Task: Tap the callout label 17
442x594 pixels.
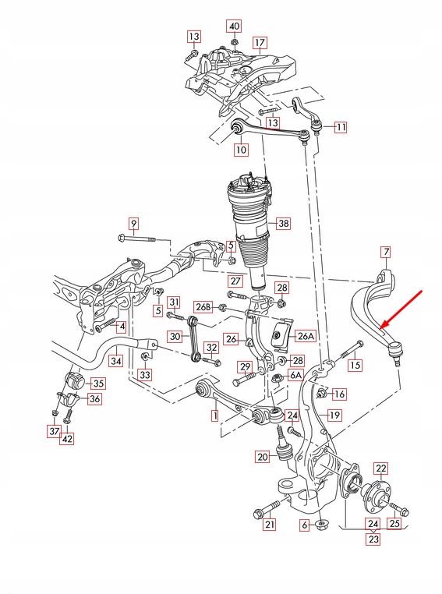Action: (260, 42)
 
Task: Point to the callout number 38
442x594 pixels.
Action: (282, 223)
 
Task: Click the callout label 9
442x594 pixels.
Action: (133, 225)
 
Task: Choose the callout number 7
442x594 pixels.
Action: (384, 252)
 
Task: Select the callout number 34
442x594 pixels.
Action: (115, 361)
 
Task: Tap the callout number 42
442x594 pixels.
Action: (68, 438)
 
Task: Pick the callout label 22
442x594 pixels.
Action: (380, 468)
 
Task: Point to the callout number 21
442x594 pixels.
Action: (269, 525)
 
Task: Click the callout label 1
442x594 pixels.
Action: (214, 416)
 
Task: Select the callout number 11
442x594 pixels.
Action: (341, 126)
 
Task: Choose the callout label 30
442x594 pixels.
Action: (175, 336)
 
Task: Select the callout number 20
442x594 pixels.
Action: (262, 457)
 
